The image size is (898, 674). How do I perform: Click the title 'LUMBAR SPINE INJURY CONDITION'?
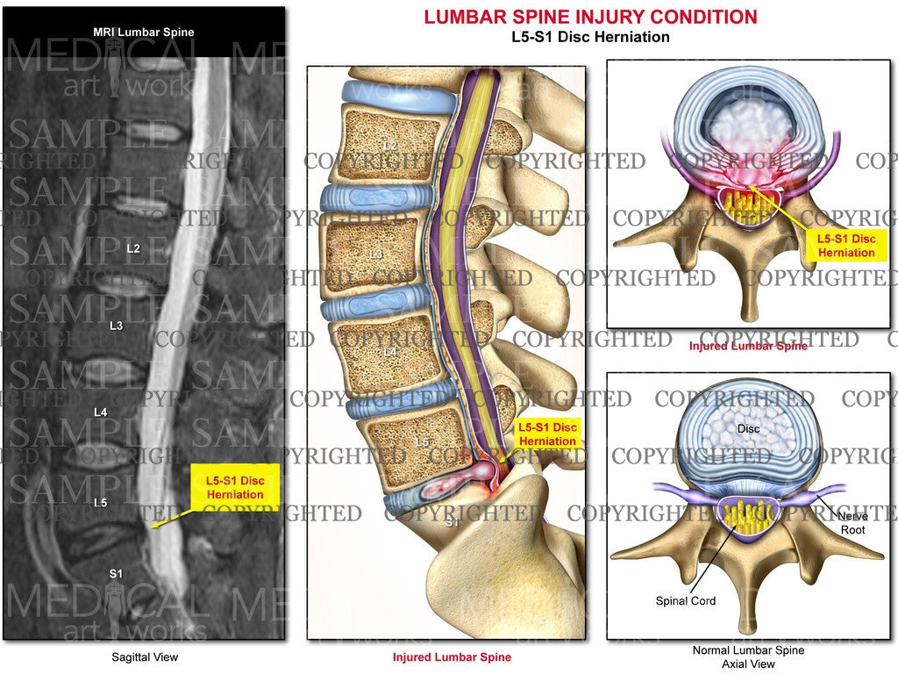click(590, 17)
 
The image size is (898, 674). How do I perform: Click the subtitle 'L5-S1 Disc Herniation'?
click(590, 37)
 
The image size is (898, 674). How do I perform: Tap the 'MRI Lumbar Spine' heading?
click(144, 32)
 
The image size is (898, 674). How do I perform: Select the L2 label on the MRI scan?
click(133, 248)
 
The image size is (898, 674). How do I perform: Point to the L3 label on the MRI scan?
click(116, 326)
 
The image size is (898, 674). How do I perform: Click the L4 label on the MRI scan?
click(101, 410)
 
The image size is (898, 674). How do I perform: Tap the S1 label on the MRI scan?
click(116, 574)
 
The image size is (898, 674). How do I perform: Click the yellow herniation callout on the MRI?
click(234, 487)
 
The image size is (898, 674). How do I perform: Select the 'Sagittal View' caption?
click(144, 656)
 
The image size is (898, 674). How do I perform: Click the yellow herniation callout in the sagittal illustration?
click(547, 434)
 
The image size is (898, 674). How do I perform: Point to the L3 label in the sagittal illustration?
click(375, 255)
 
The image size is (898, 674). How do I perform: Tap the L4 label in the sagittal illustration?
click(389, 352)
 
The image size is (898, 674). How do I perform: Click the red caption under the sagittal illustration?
click(453, 656)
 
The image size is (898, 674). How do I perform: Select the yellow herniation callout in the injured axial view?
click(845, 246)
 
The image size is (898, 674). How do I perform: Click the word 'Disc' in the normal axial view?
click(748, 429)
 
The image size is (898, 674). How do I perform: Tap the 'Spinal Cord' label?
click(685, 601)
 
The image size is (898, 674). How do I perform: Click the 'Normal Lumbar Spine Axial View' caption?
click(748, 656)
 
